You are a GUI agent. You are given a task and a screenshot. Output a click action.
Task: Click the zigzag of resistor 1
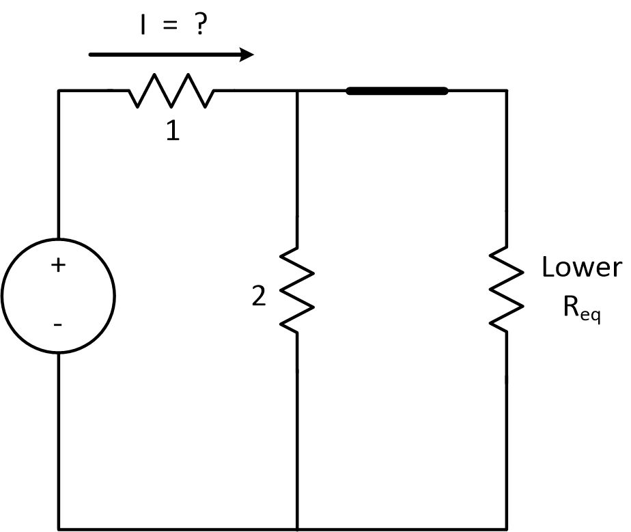[x=171, y=91]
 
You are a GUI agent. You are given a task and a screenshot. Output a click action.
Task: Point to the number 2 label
[x=258, y=297]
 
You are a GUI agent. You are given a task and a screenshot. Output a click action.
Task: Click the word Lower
[x=581, y=268]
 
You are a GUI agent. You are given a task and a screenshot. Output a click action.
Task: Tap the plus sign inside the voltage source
[x=58, y=266]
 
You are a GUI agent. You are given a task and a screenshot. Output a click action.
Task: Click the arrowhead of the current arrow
[x=247, y=55]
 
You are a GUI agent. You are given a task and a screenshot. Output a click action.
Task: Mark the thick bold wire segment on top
[x=397, y=90]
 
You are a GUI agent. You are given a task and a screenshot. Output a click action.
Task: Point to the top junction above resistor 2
[x=297, y=90]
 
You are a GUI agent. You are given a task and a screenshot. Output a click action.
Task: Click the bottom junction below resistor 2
[x=297, y=528]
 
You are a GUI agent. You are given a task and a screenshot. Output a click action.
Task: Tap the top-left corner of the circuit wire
[x=59, y=90]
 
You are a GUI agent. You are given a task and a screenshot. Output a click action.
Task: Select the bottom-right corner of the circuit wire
[x=506, y=528]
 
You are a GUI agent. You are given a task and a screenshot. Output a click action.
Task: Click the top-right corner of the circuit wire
[x=506, y=90]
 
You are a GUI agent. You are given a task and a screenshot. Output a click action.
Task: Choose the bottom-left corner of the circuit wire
[x=59, y=528]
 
